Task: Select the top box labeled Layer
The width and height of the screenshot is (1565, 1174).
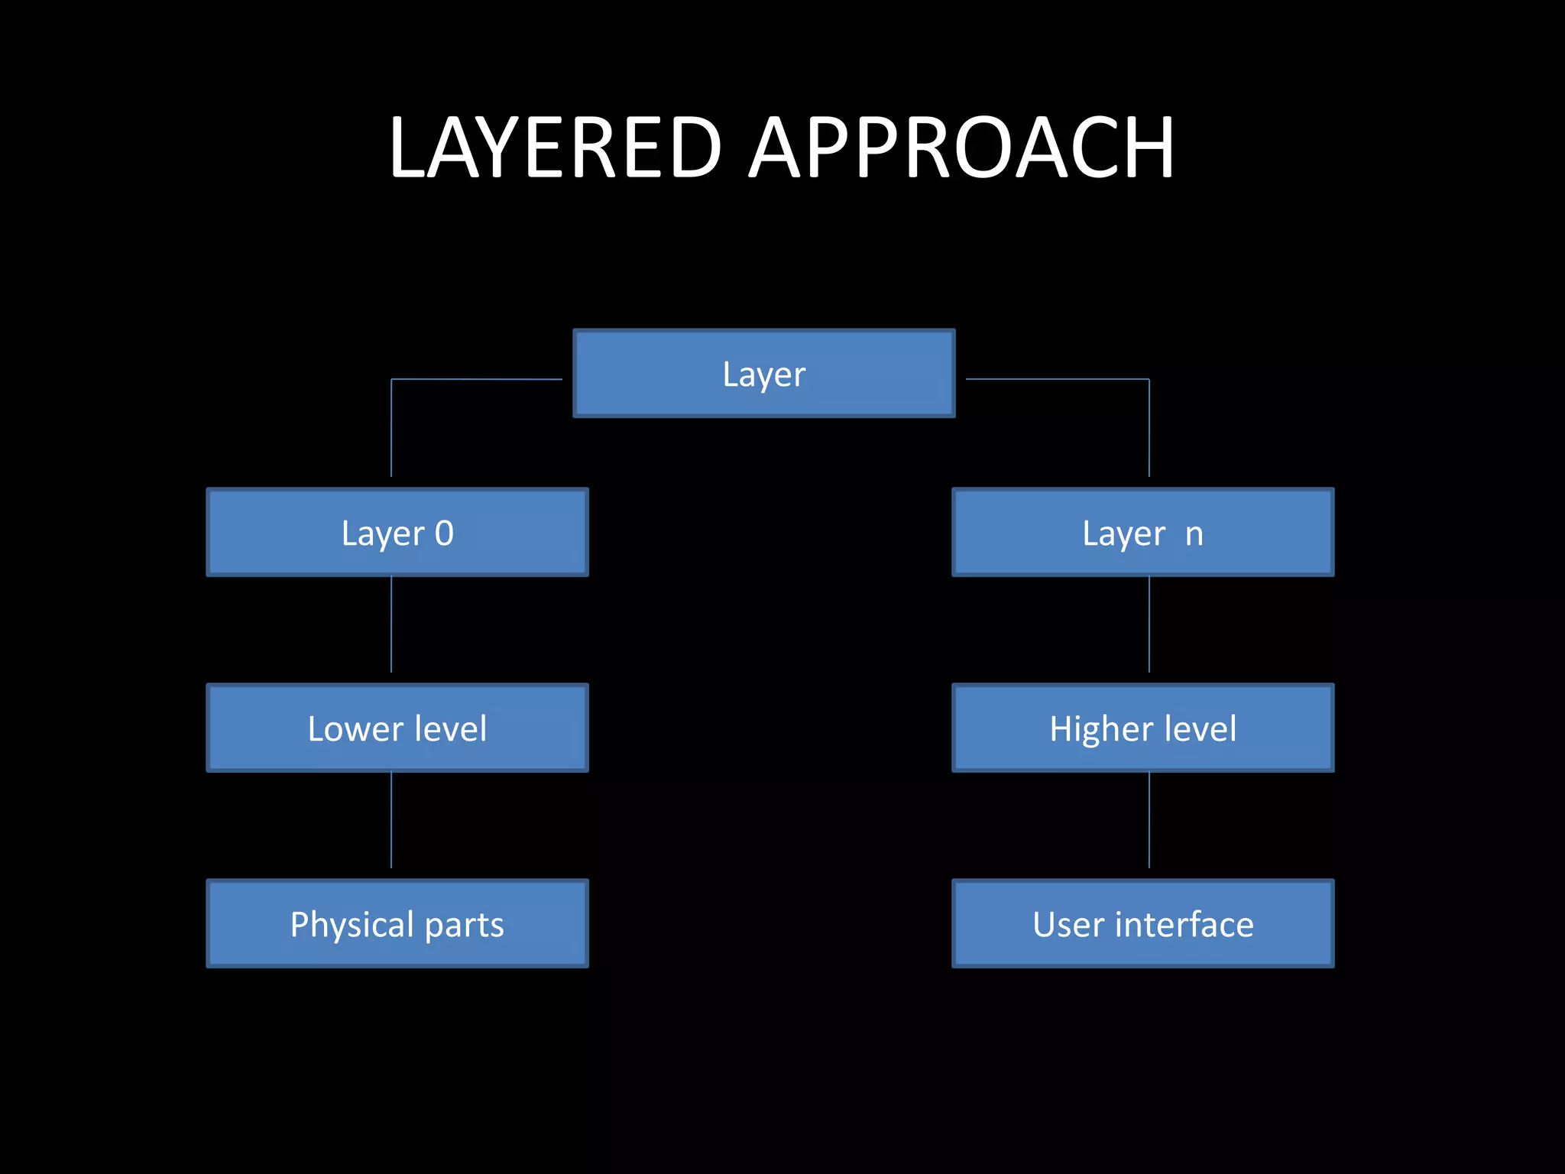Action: coord(764,374)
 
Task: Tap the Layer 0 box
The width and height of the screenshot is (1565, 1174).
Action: coord(397,532)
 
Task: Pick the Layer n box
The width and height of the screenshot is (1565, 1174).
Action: coord(1143,532)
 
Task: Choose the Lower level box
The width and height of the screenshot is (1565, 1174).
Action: coord(397,728)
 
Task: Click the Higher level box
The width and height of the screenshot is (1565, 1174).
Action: coord(1143,728)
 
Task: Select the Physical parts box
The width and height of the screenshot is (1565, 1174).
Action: coord(397,923)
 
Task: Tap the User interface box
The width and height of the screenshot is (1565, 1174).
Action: coord(1143,923)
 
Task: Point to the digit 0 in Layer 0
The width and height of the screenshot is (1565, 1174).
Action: coord(444,533)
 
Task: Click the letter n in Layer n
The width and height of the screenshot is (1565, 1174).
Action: coord(1194,534)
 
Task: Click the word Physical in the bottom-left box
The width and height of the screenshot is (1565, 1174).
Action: coord(352,925)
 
